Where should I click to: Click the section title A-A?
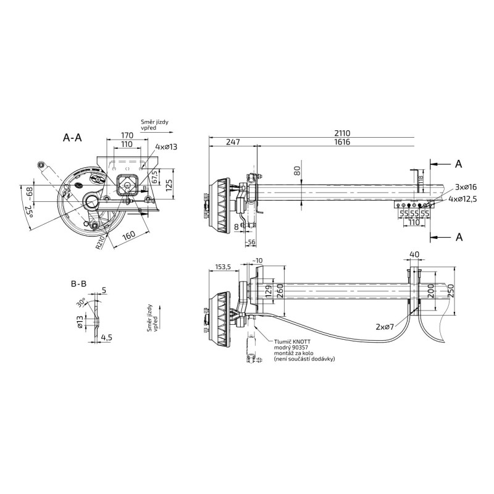click(72, 138)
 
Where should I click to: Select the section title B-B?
click(78, 285)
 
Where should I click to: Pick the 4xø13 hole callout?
click(167, 146)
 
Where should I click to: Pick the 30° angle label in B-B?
click(81, 304)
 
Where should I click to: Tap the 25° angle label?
click(29, 214)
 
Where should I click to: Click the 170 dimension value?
click(127, 135)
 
